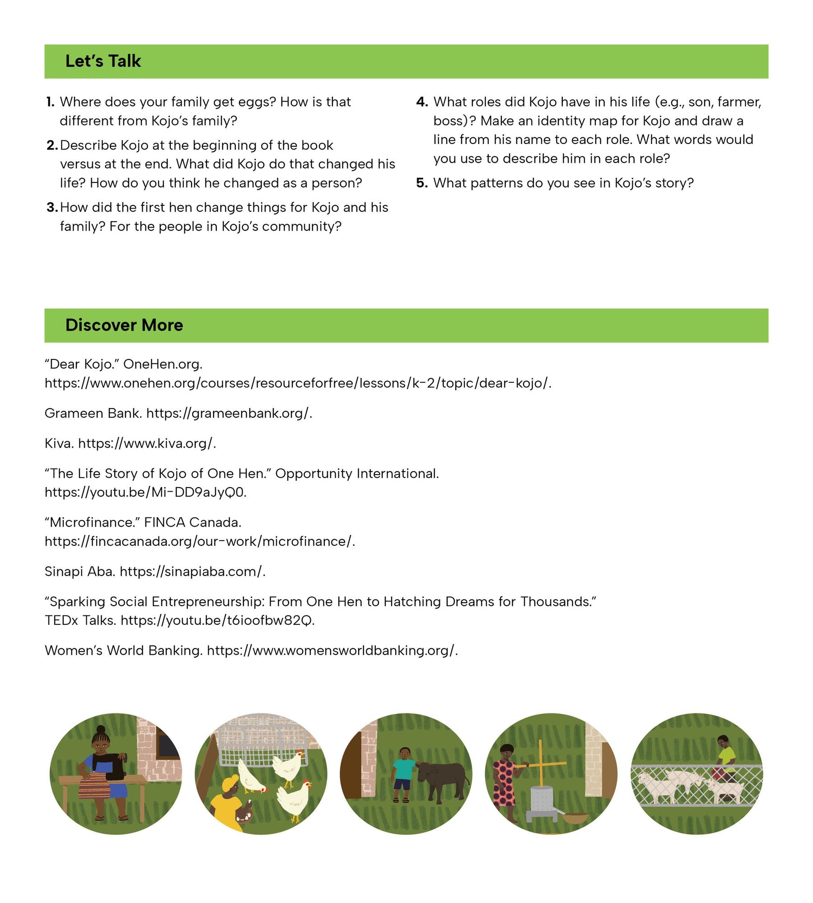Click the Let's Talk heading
click(x=103, y=61)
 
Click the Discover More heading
click(x=124, y=325)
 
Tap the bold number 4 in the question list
click(x=422, y=102)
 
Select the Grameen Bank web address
click(x=229, y=413)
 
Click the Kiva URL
click(x=147, y=443)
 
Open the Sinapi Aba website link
click(x=192, y=572)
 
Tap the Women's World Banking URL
click(x=332, y=651)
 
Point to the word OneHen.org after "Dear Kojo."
click(x=163, y=364)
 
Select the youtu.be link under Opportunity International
click(x=145, y=492)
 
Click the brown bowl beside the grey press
click(x=575, y=818)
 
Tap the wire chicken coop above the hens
click(x=262, y=740)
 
